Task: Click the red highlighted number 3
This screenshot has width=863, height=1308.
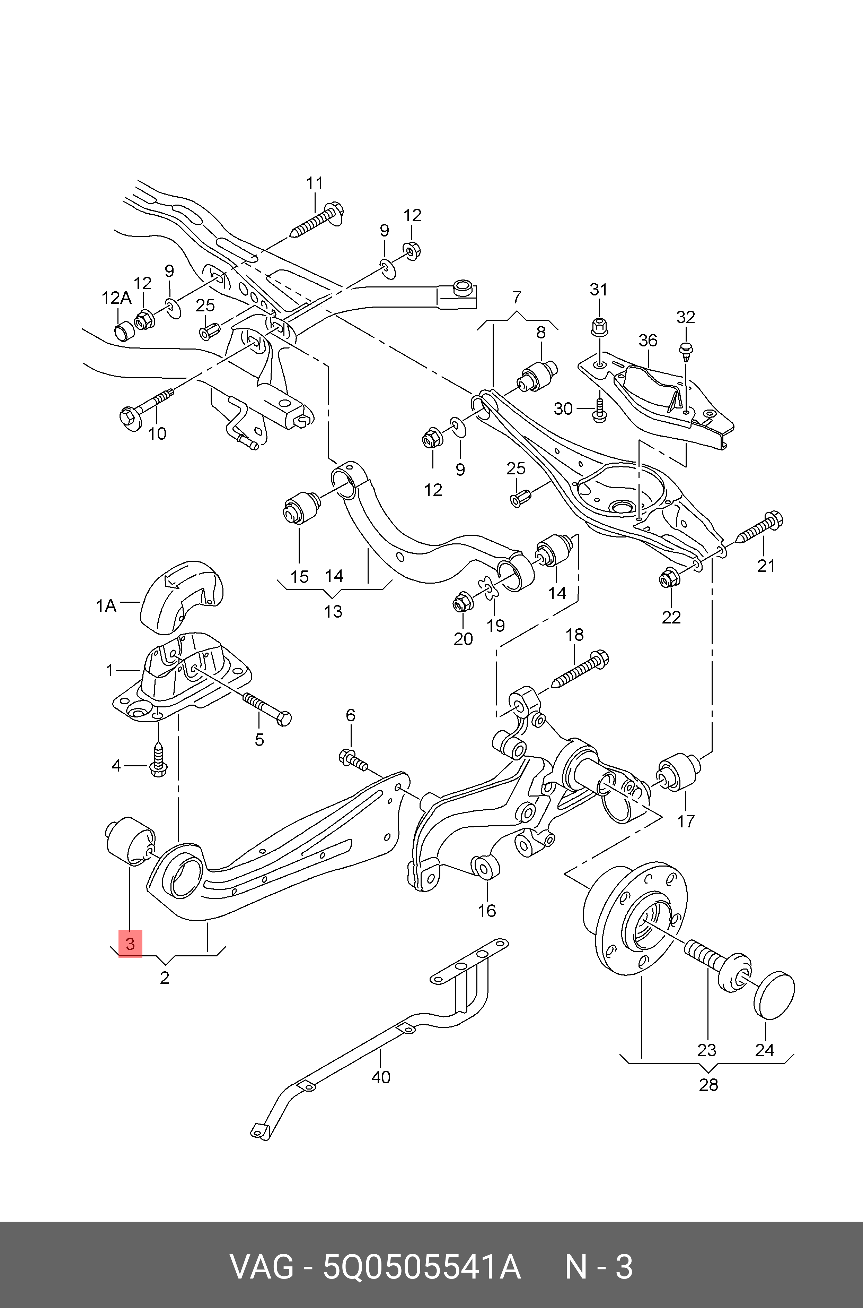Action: tap(130, 944)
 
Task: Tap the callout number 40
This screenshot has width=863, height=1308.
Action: tap(380, 1077)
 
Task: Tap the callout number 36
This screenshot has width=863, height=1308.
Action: tap(648, 341)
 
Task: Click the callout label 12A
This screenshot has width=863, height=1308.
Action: tap(116, 298)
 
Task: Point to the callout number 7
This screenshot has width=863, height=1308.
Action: tap(516, 298)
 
